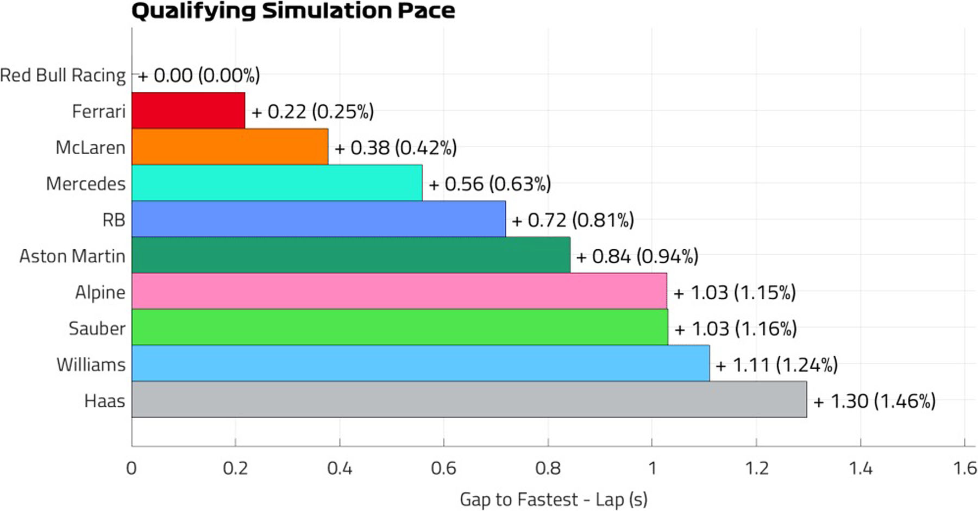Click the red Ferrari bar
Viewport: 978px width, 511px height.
[188, 110]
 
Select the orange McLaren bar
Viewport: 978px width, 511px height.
[230, 147]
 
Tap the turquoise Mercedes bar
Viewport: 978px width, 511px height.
[277, 183]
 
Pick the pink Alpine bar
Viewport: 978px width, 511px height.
[399, 291]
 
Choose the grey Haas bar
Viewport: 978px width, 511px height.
[469, 400]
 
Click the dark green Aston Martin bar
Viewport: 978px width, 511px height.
[350, 255]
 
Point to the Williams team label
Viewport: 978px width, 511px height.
[91, 364]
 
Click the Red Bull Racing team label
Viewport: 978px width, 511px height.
[63, 75]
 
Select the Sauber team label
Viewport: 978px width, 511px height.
[97, 329]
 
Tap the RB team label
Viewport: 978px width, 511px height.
[114, 220]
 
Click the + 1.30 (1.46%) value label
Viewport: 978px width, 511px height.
[874, 401]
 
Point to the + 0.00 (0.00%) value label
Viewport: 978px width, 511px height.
[199, 75]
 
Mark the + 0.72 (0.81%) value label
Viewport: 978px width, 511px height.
[573, 220]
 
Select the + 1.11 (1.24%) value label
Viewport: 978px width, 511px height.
[776, 365]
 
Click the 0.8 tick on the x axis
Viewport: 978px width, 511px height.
[548, 468]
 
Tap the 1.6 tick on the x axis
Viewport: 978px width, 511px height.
[965, 468]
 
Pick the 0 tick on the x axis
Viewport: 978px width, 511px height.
[131, 468]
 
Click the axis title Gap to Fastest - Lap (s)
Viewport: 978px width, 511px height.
[553, 500]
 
